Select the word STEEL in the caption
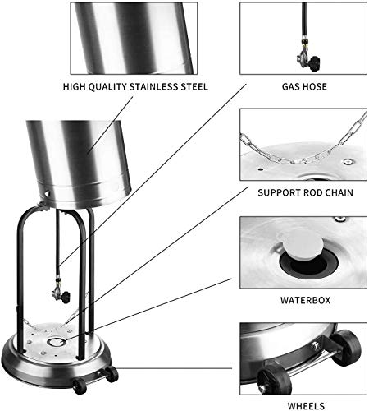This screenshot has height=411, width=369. tap(190, 85)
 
